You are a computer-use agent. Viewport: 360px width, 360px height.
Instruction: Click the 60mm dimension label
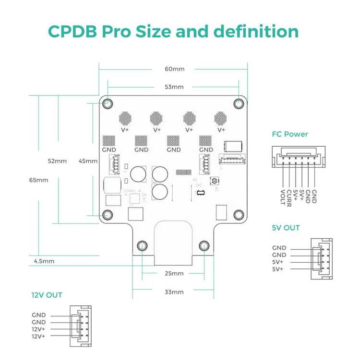coord(174,69)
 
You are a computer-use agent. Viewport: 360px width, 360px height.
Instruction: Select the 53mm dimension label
coord(174,87)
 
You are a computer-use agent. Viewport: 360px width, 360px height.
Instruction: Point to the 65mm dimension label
coord(38,180)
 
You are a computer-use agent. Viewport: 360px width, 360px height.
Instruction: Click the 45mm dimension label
coord(88,161)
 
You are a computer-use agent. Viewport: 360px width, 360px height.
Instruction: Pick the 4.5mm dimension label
coord(44,261)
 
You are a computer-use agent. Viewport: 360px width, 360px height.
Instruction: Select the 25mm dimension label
coord(174,274)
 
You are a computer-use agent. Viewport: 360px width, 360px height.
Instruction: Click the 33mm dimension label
coord(174,291)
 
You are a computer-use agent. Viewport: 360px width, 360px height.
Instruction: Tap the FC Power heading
coord(289,134)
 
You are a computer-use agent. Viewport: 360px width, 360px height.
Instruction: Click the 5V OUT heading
coord(285,228)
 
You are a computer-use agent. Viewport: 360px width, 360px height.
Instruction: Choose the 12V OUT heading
coord(47,295)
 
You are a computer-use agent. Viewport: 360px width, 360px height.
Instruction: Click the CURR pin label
coord(289,197)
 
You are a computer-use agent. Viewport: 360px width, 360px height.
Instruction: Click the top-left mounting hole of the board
coord(108,103)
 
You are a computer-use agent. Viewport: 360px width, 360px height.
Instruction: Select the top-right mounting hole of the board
coord(239,103)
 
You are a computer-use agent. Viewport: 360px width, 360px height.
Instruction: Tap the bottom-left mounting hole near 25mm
coord(142,246)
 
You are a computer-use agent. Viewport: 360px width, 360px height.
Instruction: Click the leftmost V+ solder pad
coord(125,117)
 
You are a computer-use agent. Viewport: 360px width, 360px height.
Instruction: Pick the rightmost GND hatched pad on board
coord(206,140)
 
